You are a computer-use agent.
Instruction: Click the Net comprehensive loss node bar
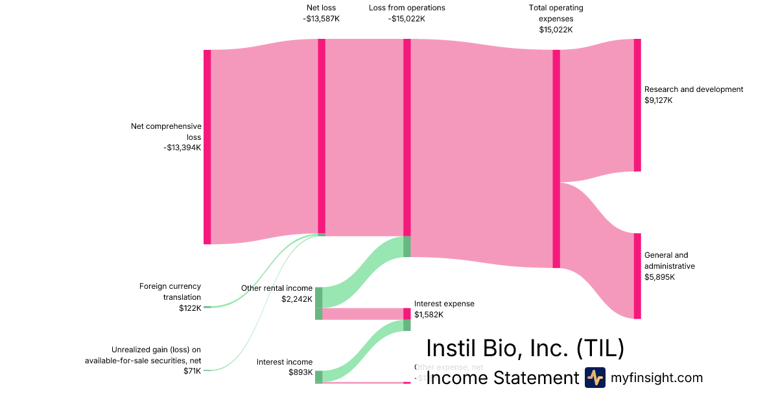pyautogui.click(x=207, y=147)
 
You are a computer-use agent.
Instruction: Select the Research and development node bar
pyautogui.click(x=637, y=105)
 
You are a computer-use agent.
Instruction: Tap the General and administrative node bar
pyautogui.click(x=637, y=276)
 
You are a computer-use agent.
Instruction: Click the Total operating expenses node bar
pyautogui.click(x=556, y=159)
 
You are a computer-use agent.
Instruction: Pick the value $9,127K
pyautogui.click(x=659, y=100)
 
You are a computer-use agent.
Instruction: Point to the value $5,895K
pyautogui.click(x=659, y=277)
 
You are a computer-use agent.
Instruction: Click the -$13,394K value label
pyautogui.click(x=183, y=148)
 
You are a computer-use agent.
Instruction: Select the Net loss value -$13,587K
pyautogui.click(x=321, y=19)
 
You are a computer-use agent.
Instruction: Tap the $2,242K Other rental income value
pyautogui.click(x=297, y=299)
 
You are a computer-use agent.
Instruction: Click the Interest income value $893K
pyautogui.click(x=301, y=373)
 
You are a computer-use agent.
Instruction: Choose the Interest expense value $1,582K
pyautogui.click(x=429, y=315)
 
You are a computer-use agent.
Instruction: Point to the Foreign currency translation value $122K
pyautogui.click(x=190, y=308)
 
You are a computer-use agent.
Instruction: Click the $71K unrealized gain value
pyautogui.click(x=193, y=370)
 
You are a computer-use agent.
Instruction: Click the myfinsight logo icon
pyautogui.click(x=595, y=378)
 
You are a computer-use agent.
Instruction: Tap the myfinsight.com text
pyautogui.click(x=657, y=378)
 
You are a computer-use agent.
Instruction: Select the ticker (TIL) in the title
pyautogui.click(x=600, y=348)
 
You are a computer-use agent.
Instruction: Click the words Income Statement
pyautogui.click(x=502, y=378)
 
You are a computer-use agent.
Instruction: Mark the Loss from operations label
pyautogui.click(x=407, y=8)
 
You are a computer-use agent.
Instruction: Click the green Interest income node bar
pyautogui.click(x=319, y=377)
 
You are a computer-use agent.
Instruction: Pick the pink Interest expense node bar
pyautogui.click(x=407, y=314)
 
